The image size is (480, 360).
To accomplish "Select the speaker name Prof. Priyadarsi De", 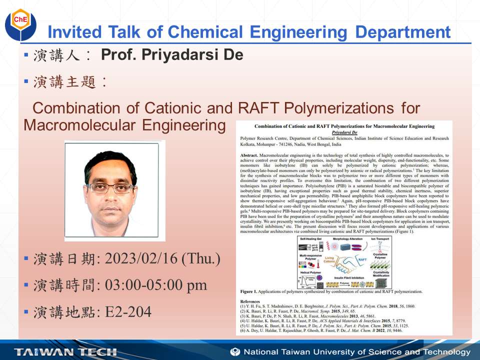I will [172, 54].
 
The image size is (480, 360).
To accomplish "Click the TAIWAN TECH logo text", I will [65, 351].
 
